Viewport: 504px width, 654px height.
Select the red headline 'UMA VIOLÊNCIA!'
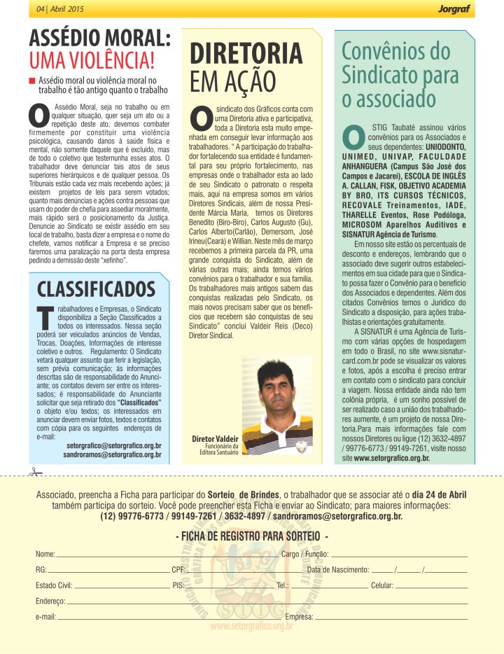(92, 59)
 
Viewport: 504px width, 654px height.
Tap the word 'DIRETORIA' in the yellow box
(247, 54)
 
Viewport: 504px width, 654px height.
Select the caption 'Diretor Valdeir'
(216, 438)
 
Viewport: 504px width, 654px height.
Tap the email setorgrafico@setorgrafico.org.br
(113, 445)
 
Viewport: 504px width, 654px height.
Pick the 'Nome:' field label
(45, 554)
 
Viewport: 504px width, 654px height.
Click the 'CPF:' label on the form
(178, 569)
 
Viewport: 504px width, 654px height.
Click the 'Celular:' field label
(382, 585)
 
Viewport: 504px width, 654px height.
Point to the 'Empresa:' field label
(300, 617)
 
